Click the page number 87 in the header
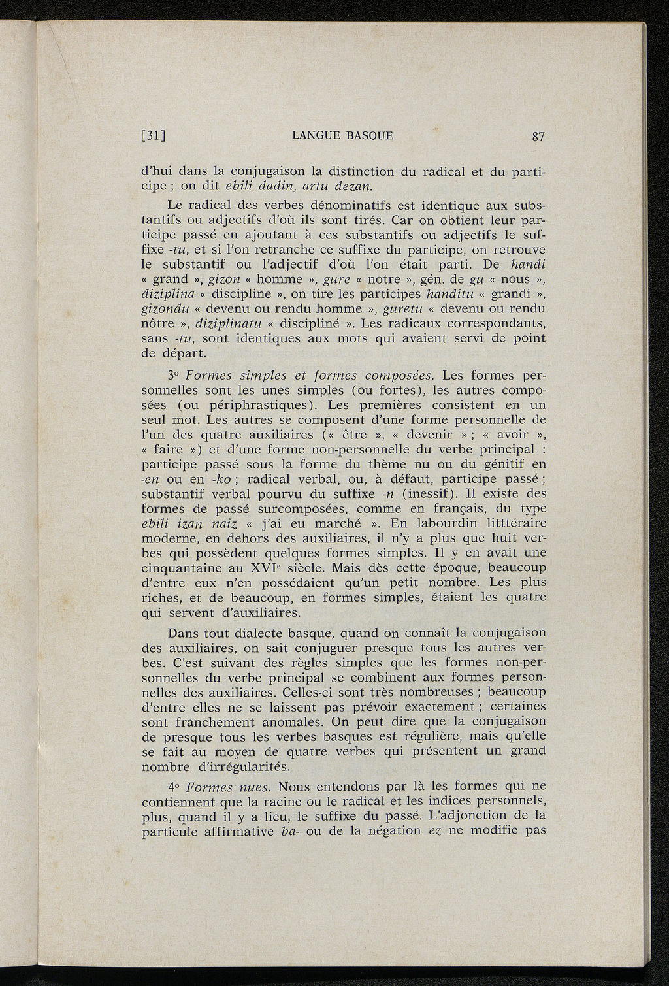tap(538, 137)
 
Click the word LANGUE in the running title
tap(316, 136)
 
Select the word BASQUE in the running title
tap(370, 136)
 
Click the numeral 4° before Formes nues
tap(174, 786)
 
